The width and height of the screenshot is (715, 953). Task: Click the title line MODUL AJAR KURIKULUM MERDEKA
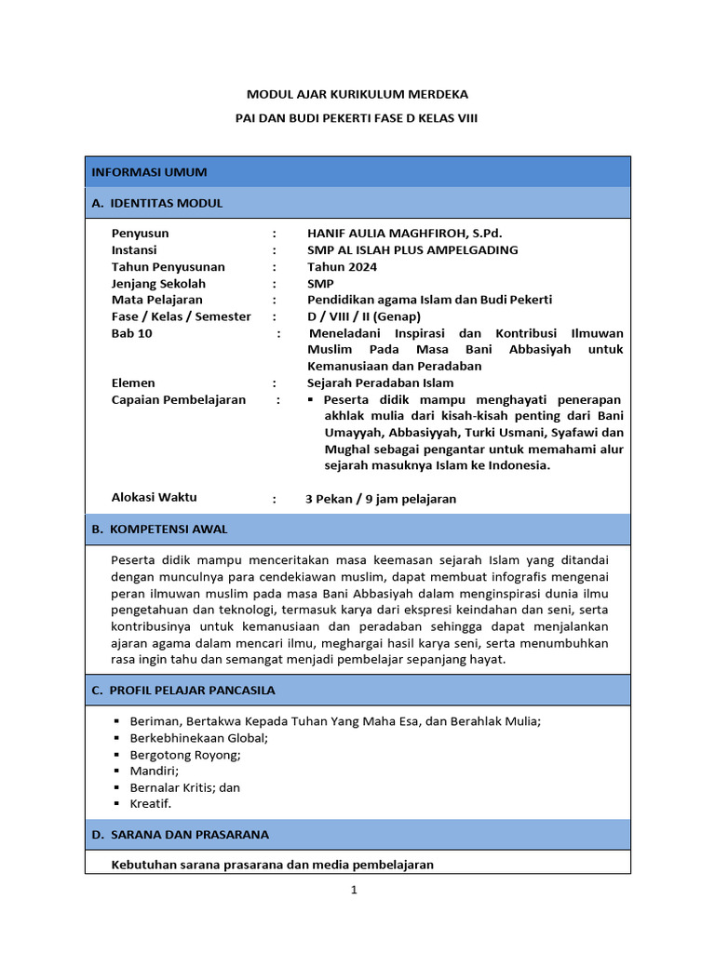click(357, 94)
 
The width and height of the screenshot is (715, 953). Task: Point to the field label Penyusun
click(140, 234)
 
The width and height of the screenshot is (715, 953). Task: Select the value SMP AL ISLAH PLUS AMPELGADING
click(412, 250)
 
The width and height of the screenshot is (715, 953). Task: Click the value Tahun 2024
click(342, 267)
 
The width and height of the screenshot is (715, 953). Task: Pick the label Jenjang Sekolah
click(158, 284)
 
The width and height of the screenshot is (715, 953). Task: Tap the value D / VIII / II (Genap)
click(364, 316)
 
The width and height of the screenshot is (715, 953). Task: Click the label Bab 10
click(131, 333)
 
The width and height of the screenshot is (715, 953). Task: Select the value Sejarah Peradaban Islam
click(380, 383)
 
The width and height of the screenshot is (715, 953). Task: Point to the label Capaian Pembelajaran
click(178, 399)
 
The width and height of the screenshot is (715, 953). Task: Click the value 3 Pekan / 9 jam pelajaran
click(381, 499)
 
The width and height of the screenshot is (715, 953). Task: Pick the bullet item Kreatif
click(151, 803)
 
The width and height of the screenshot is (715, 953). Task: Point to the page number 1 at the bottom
click(354, 890)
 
